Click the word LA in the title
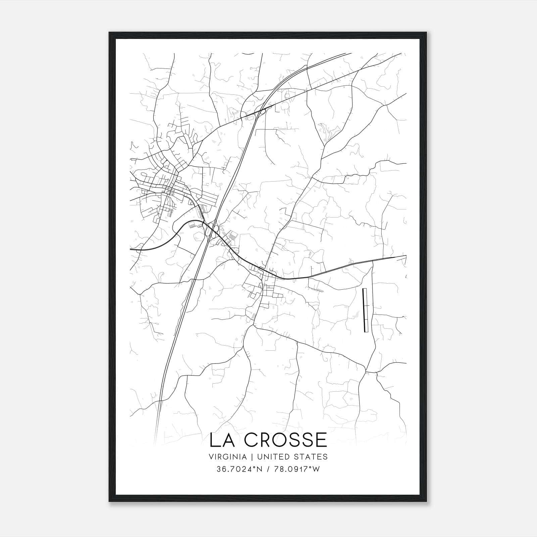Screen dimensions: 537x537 click(x=222, y=440)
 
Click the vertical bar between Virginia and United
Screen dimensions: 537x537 click(x=247, y=457)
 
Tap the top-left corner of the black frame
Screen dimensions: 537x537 click(x=109, y=33)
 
